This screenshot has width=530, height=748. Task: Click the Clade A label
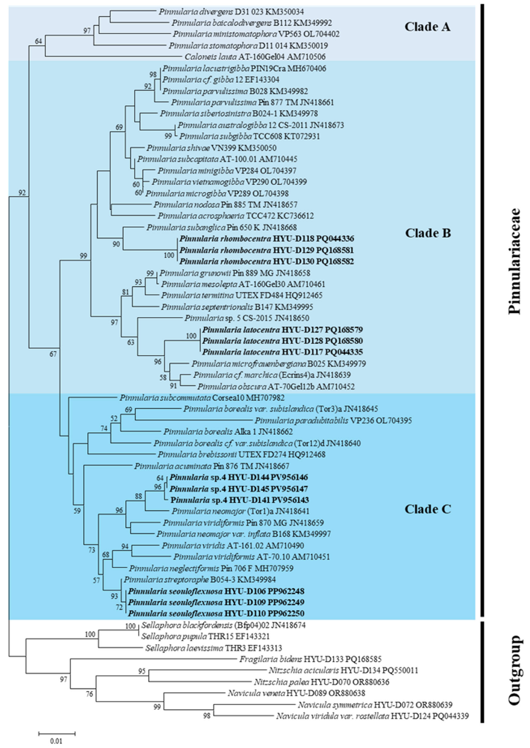427,27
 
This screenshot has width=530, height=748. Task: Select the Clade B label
428,233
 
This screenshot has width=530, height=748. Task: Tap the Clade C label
428,509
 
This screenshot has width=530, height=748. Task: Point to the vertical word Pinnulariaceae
514,261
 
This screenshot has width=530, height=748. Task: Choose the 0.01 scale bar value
56,741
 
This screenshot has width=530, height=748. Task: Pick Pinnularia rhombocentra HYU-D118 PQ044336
267,239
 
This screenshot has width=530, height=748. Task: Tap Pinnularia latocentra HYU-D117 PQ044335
282,352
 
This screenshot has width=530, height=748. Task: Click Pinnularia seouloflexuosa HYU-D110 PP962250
216,613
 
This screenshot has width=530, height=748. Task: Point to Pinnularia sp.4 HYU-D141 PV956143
239,500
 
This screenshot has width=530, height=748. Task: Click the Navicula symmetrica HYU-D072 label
375,705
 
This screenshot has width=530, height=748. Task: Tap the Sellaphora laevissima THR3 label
214,648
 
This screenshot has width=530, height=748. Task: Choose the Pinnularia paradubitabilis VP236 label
333,420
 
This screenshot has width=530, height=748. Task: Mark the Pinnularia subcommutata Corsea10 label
202,398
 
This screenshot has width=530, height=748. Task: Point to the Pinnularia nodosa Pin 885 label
225,205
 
